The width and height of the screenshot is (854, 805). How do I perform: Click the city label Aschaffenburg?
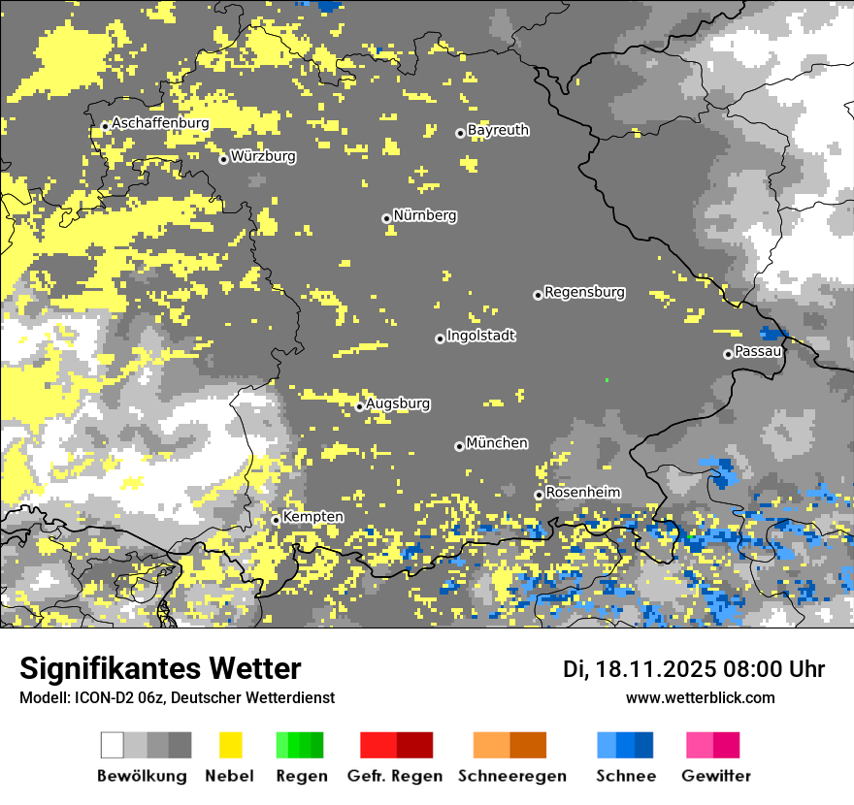point(161,123)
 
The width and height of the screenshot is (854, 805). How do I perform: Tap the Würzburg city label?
point(263,156)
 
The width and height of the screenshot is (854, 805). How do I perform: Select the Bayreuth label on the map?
point(498,130)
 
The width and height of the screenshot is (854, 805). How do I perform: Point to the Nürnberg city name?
point(425,215)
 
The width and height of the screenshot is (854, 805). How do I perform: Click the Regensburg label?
point(584,292)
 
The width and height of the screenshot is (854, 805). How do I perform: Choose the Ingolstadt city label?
point(481,336)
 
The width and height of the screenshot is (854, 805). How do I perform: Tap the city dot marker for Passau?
point(728,354)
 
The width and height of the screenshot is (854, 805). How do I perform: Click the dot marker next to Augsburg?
point(359,406)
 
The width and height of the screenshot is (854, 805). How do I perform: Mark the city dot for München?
point(459,446)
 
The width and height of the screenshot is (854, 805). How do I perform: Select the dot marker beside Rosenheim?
point(539,495)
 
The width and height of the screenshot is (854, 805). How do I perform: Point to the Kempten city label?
point(312,517)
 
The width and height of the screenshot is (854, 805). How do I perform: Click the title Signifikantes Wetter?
point(160,668)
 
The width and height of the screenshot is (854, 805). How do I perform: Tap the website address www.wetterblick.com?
point(700,697)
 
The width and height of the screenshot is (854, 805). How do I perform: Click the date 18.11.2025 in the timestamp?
point(656,669)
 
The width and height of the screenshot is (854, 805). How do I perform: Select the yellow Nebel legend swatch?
point(230,745)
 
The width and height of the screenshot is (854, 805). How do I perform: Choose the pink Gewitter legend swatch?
point(712,745)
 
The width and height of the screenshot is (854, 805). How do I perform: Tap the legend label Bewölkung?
point(142,776)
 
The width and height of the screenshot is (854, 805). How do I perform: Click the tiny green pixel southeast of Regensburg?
point(607,379)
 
